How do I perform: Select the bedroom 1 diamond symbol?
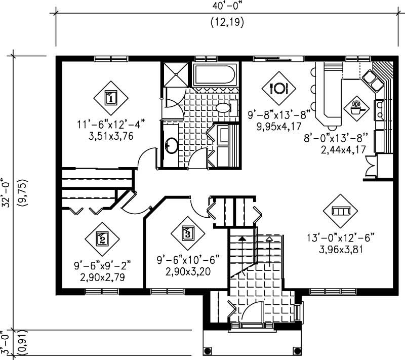coord(111,97)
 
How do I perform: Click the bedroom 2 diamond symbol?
coord(102,238)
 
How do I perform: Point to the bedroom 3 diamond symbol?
coord(187,233)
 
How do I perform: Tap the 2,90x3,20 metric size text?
coord(187,271)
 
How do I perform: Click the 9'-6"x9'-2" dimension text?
coord(102,264)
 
